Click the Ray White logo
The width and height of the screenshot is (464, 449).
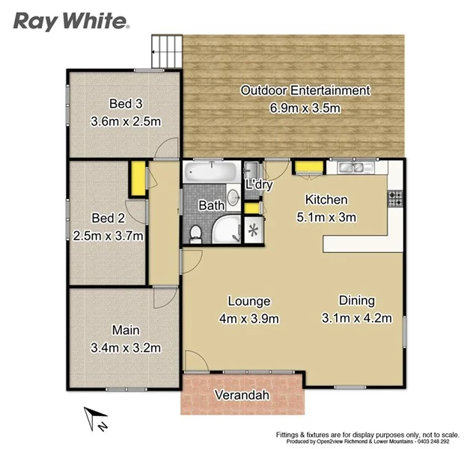(72, 20)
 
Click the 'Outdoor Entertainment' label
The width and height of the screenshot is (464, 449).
(305, 91)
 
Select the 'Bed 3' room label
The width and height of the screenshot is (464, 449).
(125, 103)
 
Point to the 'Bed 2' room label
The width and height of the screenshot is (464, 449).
(107, 219)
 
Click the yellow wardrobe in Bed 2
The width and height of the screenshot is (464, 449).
(138, 178)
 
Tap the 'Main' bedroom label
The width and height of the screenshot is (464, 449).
(126, 329)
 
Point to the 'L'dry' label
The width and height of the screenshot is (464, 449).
(259, 185)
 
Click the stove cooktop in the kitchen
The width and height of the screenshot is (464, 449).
(394, 199)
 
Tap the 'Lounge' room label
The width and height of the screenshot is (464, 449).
(248, 302)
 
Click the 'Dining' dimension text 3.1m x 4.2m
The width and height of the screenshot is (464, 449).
(356, 319)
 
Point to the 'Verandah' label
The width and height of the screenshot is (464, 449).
(242, 395)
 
